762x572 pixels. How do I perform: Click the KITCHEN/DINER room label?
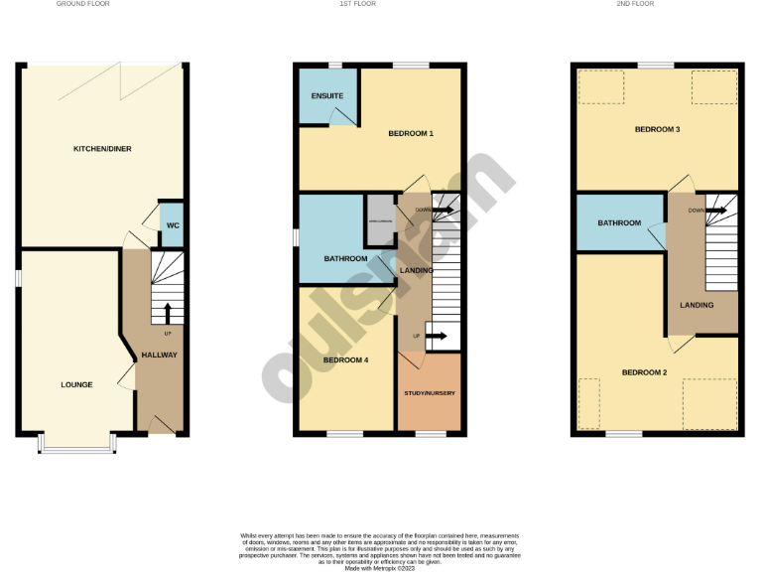pyautogui.click(x=102, y=149)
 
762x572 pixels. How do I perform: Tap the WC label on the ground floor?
pyautogui.click(x=172, y=225)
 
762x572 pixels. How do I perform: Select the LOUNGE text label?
pyautogui.click(x=76, y=384)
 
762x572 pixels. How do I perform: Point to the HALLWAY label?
pyautogui.click(x=159, y=355)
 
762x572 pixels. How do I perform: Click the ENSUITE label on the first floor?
pyautogui.click(x=327, y=96)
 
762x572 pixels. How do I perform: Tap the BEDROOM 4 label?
pyautogui.click(x=346, y=359)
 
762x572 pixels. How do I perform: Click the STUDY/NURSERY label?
pyautogui.click(x=430, y=394)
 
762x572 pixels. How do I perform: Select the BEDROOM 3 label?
pyautogui.click(x=657, y=129)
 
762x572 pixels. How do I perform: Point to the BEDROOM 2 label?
pyautogui.click(x=644, y=372)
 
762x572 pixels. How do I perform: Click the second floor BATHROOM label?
pyautogui.click(x=618, y=223)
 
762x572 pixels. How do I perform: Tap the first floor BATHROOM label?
pyautogui.click(x=345, y=259)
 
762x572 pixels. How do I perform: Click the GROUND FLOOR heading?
pyautogui.click(x=82, y=5)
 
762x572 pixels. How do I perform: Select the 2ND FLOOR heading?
pyautogui.click(x=657, y=5)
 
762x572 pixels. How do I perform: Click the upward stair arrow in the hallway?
pyautogui.click(x=167, y=312)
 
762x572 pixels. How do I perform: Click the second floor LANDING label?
pyautogui.click(x=697, y=305)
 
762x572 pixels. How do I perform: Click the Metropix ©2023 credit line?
pyautogui.click(x=380, y=568)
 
